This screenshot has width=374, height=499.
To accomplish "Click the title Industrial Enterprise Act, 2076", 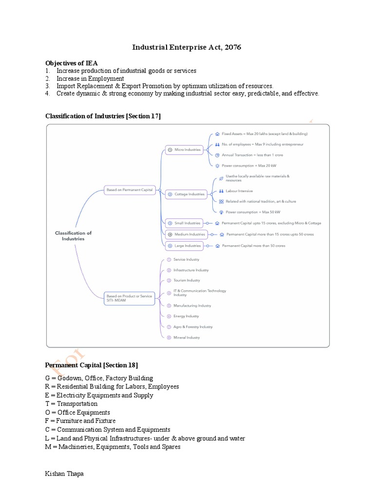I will [x=187, y=47].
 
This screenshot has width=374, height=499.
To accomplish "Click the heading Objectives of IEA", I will [x=72, y=63].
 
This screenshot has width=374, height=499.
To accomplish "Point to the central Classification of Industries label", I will [x=73, y=236].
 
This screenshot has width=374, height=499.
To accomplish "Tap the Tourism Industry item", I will [x=187, y=280].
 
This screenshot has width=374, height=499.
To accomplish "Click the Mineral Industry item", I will [x=187, y=337].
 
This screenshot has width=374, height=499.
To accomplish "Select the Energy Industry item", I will [x=186, y=316].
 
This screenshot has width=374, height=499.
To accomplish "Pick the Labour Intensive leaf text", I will [x=239, y=191].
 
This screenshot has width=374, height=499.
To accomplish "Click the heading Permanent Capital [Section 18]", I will [x=92, y=365].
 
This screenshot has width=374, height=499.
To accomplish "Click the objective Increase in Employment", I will [x=90, y=78].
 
